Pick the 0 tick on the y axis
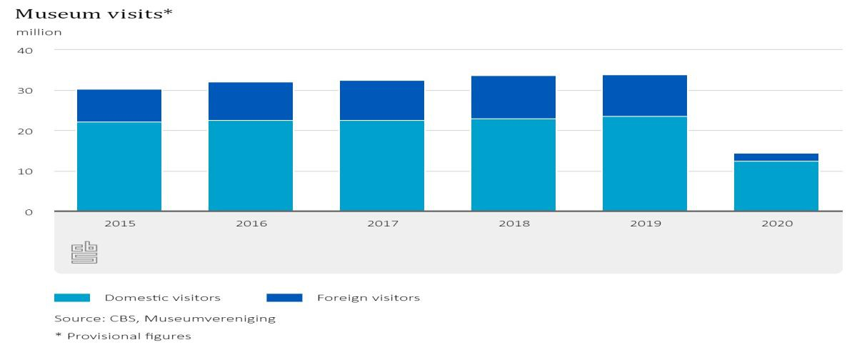31,212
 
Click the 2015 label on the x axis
119,224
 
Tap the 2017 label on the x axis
382,224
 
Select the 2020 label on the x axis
776,224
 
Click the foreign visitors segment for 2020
776,157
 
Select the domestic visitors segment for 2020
776,186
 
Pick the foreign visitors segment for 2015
119,106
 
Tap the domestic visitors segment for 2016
251,166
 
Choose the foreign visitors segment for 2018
513,97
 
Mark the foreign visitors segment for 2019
645,96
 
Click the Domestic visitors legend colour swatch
72,298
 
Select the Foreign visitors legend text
368,298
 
